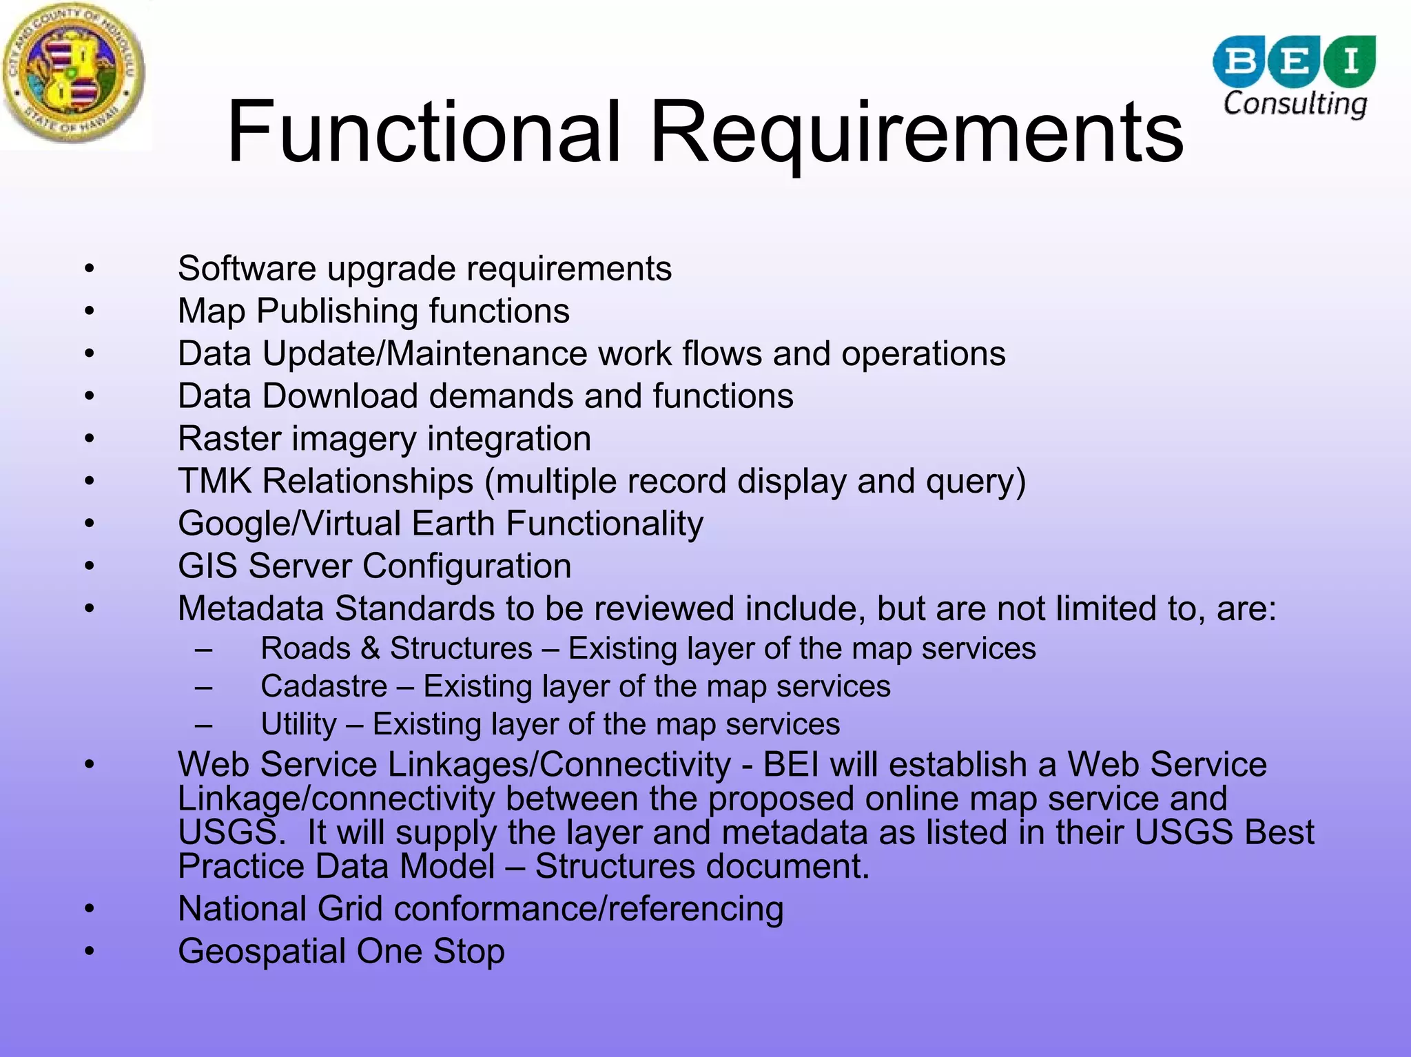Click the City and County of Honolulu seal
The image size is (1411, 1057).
(74, 73)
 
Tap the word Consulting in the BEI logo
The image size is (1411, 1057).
(1295, 104)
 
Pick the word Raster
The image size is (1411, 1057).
(229, 439)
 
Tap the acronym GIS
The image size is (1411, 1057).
(207, 566)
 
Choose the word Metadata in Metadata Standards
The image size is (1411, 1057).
(251, 608)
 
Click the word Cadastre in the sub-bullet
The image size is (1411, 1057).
(324, 686)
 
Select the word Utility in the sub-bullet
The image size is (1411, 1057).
(298, 724)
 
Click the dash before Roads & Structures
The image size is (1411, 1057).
(203, 649)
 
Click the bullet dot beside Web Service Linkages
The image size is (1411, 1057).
(89, 764)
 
